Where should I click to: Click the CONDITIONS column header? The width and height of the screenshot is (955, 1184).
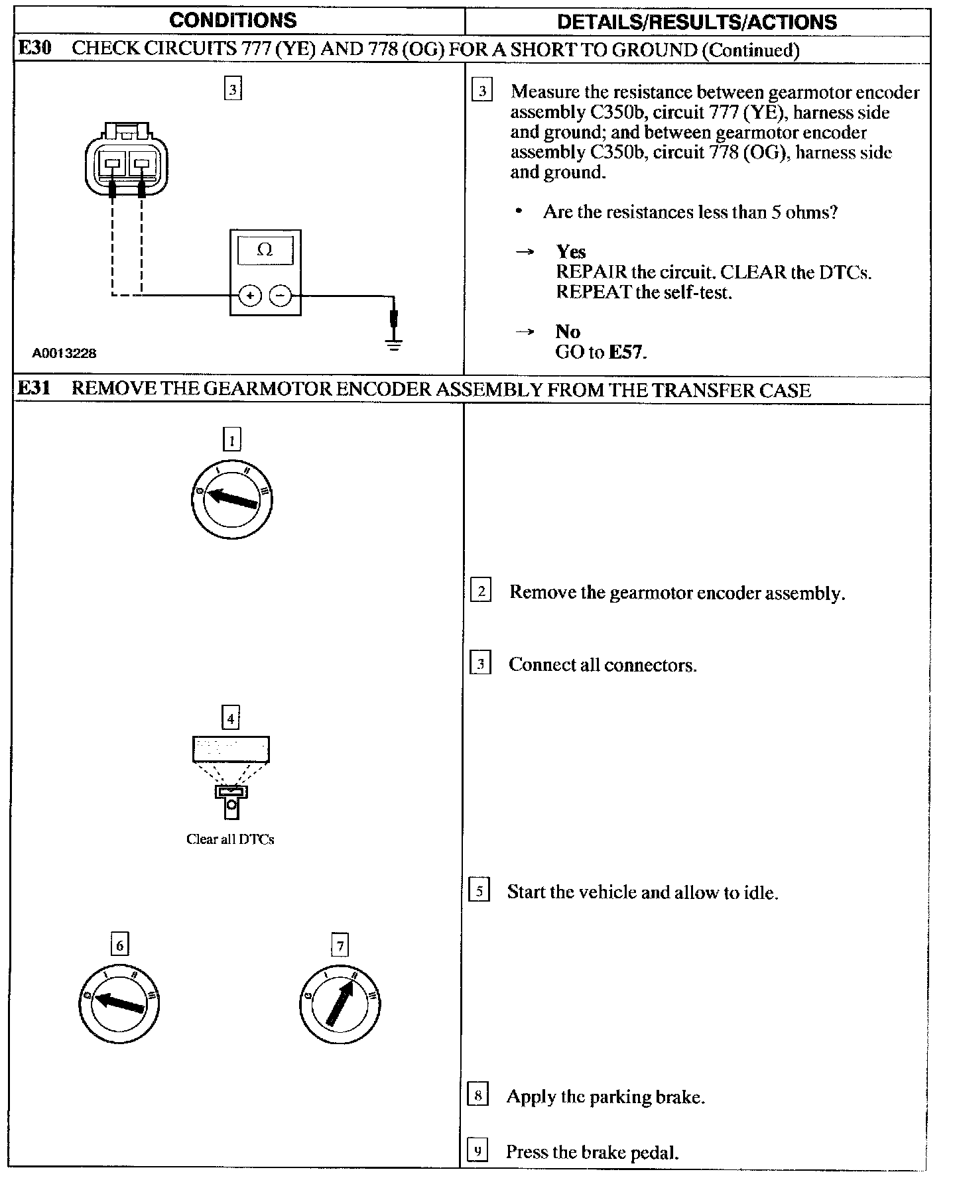coord(233,21)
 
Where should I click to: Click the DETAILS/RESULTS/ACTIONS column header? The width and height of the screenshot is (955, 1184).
coord(696,22)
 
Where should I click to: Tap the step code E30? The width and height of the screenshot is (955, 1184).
coord(34,49)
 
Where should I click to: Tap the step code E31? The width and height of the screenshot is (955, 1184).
coord(34,388)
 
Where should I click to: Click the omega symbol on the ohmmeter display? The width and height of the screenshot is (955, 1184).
coord(265,250)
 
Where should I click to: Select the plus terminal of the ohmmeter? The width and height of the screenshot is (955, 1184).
coord(249,296)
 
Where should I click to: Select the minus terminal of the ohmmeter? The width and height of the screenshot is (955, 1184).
coord(281,296)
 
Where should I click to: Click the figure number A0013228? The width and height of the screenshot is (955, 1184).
coord(64,353)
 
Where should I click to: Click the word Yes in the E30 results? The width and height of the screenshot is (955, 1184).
coord(571,252)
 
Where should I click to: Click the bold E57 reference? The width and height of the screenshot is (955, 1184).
coord(627,352)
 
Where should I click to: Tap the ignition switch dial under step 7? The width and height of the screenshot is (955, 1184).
coord(340,1002)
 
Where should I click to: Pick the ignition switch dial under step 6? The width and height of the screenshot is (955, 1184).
coord(119,1002)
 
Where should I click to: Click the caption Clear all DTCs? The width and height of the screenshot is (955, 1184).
coord(230,839)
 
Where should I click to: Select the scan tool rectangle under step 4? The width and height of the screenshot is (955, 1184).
coord(231,750)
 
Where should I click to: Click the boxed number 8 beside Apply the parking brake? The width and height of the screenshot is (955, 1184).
coord(478,1094)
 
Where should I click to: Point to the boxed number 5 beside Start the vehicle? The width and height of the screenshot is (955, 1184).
coord(479,890)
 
